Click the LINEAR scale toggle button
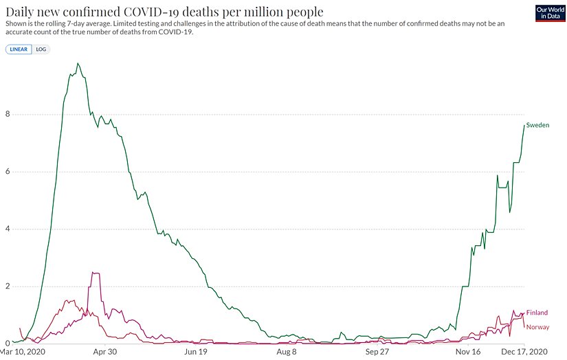point(19,49)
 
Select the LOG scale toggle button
point(41,49)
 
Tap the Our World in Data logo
point(549,13)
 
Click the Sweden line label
point(537,125)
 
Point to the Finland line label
point(537,313)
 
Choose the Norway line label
point(537,327)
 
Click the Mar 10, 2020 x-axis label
point(25,351)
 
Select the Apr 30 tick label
point(104,351)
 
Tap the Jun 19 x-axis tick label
point(196,351)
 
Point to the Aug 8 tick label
point(286,351)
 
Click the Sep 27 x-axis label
point(377,351)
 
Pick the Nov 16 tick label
point(468,351)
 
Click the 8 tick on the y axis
point(7,115)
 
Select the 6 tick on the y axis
point(7,172)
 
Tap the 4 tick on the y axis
point(7,229)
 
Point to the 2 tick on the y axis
point(7,286)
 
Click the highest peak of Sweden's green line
point(78,64)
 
